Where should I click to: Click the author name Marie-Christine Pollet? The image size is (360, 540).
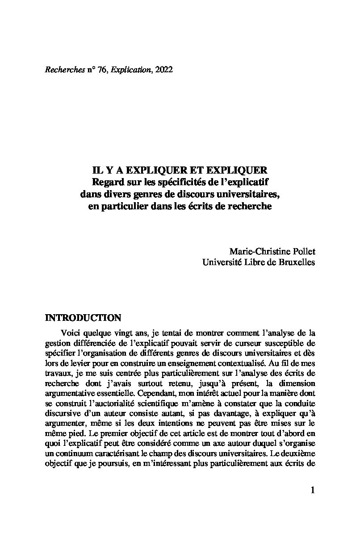272,251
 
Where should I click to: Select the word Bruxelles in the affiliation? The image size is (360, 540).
295,262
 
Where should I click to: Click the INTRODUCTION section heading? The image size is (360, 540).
83,318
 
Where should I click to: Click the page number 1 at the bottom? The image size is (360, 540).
312,490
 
